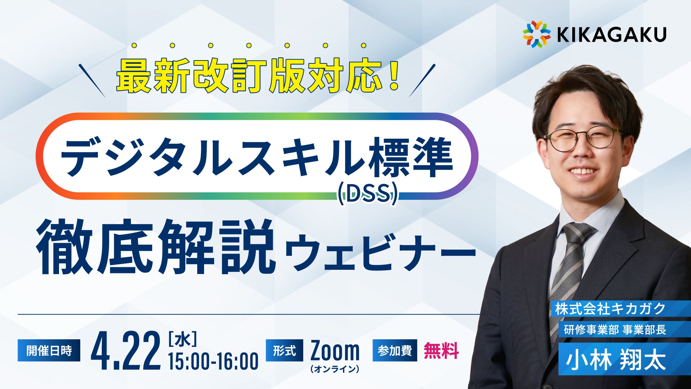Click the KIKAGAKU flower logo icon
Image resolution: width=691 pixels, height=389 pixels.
537,34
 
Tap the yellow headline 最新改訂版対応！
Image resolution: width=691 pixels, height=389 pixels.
258,76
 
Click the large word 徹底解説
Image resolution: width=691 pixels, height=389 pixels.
156,247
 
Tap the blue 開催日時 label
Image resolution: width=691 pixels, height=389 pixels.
49,350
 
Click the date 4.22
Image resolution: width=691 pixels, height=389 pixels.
126,351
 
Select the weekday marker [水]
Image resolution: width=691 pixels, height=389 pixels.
182,339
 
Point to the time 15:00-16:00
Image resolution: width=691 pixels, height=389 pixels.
213,361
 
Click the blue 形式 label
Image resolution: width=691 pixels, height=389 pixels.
284,350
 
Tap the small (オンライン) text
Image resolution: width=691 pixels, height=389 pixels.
335,369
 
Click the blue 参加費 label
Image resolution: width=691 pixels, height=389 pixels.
395,350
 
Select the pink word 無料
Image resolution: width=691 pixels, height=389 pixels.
441,350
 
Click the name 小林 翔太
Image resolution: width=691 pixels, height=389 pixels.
616,359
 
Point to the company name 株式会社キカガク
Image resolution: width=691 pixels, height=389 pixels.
610,309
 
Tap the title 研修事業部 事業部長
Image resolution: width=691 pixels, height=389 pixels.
615,330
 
